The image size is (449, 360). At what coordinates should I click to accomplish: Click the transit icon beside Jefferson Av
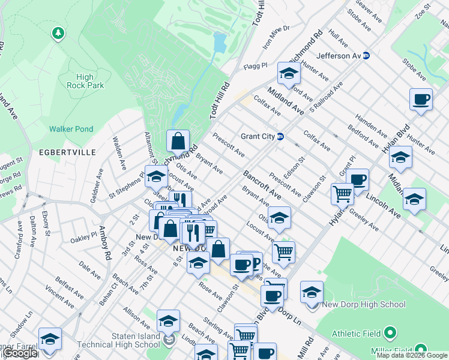point(366,56)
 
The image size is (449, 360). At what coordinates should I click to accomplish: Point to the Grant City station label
point(258,136)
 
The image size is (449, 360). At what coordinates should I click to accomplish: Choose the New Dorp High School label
point(364,305)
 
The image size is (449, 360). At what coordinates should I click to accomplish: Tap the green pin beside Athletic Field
point(390,332)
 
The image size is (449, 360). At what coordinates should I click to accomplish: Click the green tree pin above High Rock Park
point(58,34)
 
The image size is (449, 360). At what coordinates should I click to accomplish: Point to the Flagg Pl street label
point(255,66)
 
